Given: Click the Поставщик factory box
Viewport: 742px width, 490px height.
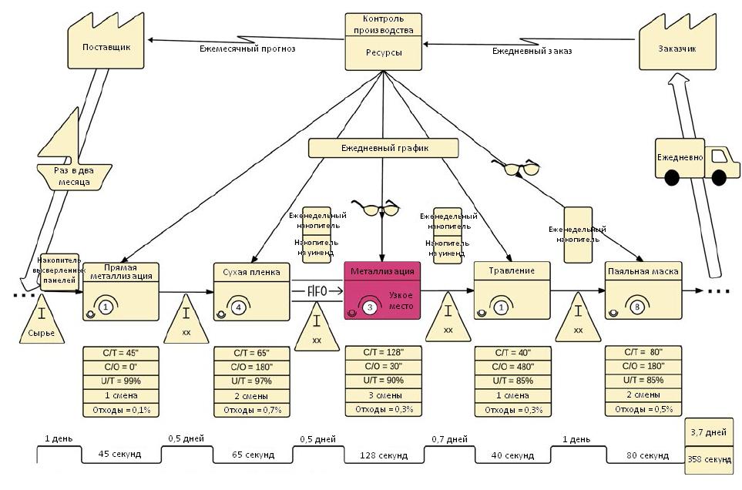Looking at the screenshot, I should point(106,48).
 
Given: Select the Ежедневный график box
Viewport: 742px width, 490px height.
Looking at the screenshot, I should point(384,147).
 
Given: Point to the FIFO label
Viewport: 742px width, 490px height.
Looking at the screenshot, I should point(317,290).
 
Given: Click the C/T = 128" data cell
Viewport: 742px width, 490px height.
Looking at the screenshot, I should point(383,353).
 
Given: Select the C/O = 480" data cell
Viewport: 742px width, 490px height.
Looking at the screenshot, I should point(513,367).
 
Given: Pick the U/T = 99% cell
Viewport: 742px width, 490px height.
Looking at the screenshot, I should point(120,381).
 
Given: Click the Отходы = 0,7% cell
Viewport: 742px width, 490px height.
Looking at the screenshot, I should point(251,409).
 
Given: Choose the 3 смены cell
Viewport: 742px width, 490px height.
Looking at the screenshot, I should point(383,395).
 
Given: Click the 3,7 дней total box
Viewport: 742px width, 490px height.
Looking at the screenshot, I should point(709,431).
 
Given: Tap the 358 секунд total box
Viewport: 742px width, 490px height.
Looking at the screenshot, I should point(709,458).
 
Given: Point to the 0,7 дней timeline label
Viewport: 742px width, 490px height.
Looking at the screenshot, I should point(448,439).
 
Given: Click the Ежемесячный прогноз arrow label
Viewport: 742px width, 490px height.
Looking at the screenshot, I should point(247,49).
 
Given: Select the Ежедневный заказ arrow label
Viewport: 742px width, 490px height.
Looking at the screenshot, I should point(532,51).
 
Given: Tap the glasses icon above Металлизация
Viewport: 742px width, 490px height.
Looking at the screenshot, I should point(381,207).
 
